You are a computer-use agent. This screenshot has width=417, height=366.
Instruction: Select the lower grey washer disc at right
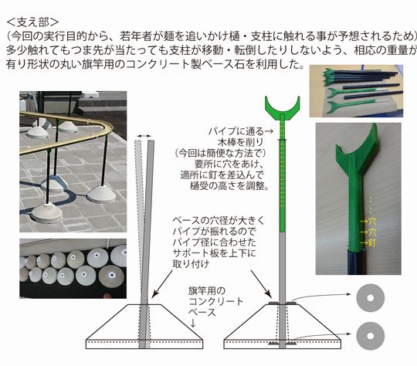tap(374, 337)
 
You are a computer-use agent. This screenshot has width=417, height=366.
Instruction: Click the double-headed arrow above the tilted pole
tap(143, 137)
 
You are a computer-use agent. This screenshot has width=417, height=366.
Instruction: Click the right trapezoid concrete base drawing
tap(283, 324)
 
